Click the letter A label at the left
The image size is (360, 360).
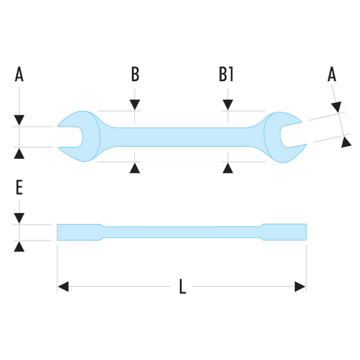19,74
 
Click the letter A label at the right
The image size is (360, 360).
332,74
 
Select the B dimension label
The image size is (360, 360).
135,74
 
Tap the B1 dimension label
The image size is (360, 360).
226,74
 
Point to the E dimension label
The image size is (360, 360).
19,187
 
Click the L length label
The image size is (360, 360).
182,286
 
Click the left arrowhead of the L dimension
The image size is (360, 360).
63,286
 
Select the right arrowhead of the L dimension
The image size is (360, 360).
300,286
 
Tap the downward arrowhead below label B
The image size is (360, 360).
134,105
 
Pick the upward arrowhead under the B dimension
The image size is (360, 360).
134,168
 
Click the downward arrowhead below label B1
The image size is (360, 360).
228,105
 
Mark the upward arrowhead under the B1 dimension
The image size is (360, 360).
228,168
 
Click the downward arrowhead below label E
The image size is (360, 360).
19,219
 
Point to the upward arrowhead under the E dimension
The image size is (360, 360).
19,247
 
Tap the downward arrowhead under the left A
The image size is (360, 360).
19,120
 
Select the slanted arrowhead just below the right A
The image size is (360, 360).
336,107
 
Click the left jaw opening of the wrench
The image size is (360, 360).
70,137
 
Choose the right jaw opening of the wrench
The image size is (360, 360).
292,135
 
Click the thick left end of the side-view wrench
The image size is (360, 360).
79,232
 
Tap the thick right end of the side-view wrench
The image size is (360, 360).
284,232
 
